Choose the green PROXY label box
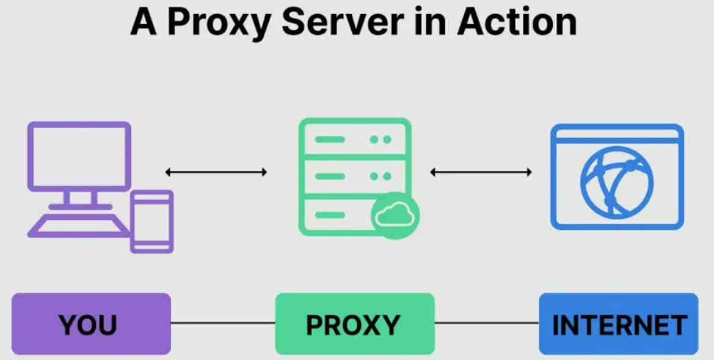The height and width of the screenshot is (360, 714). (x=354, y=324)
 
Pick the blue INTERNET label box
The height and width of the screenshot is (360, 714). (x=618, y=324)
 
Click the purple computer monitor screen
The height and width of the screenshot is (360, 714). (x=79, y=156)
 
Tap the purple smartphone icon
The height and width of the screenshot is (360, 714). (x=152, y=221)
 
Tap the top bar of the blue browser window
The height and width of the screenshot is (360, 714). (x=617, y=133)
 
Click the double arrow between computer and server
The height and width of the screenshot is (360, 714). (x=216, y=172)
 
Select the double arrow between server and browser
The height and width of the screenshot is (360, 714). (x=481, y=172)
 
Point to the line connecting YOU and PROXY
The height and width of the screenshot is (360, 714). (x=223, y=324)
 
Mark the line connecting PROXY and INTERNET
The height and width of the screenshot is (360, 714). (x=487, y=324)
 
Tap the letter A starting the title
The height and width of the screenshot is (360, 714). (x=142, y=23)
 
